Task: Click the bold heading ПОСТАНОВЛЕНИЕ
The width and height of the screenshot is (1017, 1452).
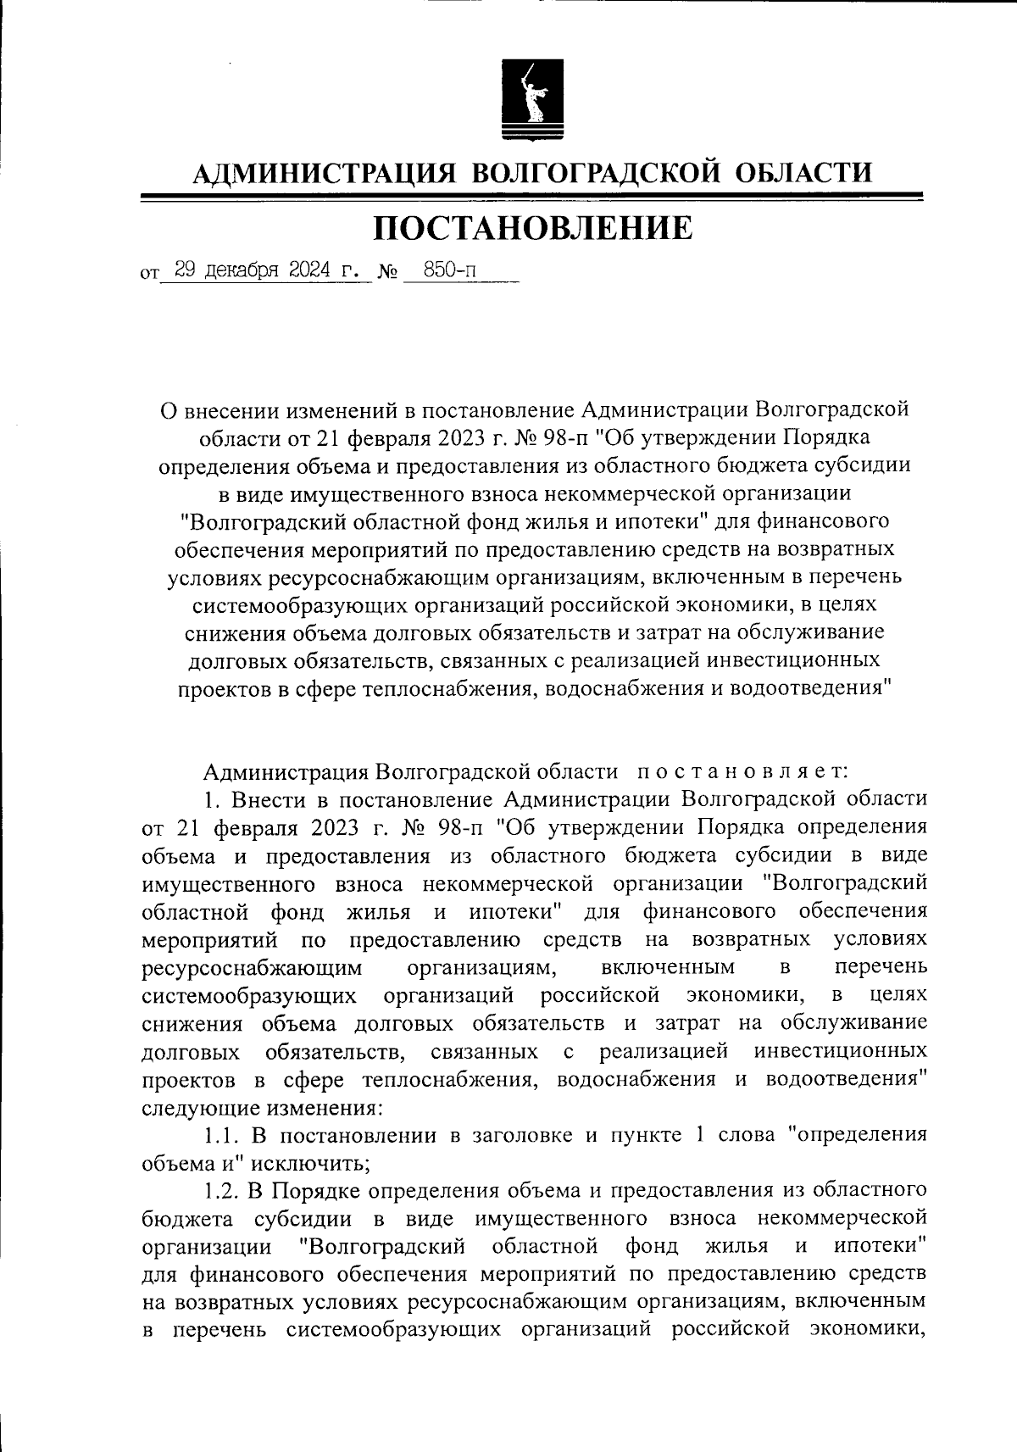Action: [x=533, y=228]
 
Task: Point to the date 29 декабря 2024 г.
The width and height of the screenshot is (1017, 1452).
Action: [x=265, y=272]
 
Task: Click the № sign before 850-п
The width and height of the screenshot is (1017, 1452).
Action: [x=387, y=273]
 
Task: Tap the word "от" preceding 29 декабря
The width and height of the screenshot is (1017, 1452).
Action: [x=150, y=275]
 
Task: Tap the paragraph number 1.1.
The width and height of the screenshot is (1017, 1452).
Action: [x=222, y=1136]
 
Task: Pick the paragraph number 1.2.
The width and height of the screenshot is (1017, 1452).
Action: [x=222, y=1191]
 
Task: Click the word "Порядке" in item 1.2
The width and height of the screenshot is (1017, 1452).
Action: [x=307, y=1191]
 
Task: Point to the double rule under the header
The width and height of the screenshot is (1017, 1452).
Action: [x=531, y=197]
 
